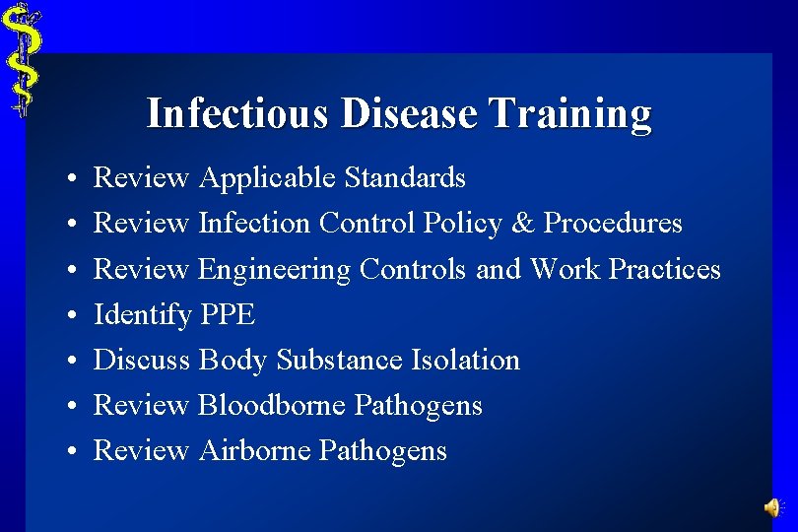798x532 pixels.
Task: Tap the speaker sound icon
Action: (773, 507)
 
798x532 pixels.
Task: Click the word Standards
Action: (405, 178)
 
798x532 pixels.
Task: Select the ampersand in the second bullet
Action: (522, 224)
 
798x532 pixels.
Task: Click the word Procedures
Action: (613, 224)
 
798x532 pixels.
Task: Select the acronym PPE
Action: (228, 315)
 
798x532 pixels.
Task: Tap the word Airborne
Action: (255, 450)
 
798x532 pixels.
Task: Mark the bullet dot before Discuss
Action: (73, 362)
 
